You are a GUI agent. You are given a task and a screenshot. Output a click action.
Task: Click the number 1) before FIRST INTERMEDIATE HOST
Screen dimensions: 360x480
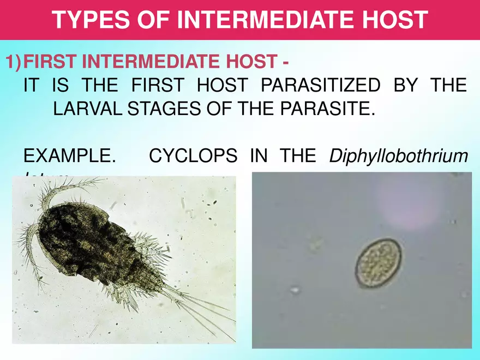[14, 62]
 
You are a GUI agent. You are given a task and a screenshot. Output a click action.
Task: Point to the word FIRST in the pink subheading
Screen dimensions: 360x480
[51, 62]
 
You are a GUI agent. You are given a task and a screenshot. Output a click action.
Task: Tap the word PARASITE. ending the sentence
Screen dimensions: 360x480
[327, 109]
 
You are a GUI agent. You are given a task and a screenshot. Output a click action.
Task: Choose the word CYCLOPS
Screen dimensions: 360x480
[193, 156]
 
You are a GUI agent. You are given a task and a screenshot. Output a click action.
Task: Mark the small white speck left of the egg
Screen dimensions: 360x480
[295, 290]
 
